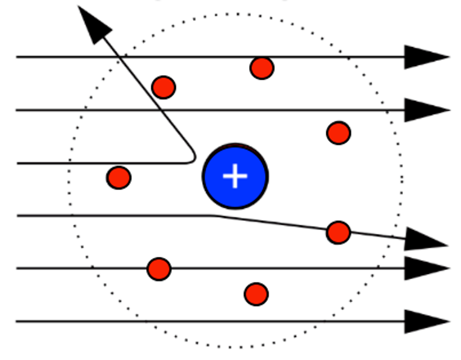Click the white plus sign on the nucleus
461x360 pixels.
tap(235, 177)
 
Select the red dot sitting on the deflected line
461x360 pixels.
tap(339, 233)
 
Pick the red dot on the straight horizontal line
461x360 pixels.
tap(159, 269)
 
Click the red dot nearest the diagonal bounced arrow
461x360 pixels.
tap(164, 87)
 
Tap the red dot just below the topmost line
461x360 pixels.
tap(262, 68)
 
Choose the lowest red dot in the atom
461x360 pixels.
tap(256, 294)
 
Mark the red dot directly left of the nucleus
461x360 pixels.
tap(119, 178)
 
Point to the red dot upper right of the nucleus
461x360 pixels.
tap(339, 133)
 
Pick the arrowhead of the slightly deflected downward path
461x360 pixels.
tap(425, 240)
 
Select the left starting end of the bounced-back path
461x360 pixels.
tap(17, 163)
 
